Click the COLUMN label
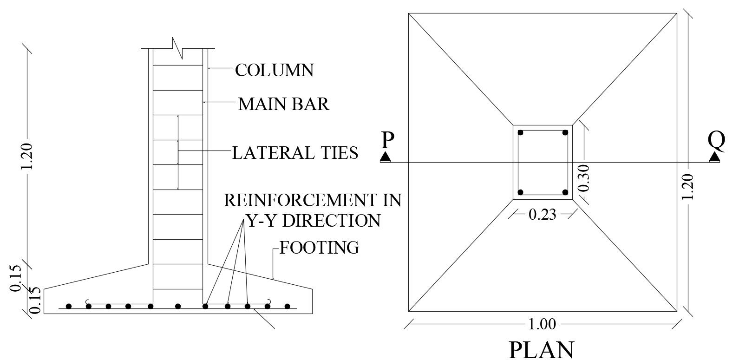[x=274, y=70]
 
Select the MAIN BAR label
[x=284, y=105]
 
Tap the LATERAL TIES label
[x=295, y=152]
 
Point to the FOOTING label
[x=319, y=248]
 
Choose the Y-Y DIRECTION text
[x=313, y=220]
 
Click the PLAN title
[x=542, y=349]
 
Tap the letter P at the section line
[x=386, y=140]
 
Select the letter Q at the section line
[x=716, y=140]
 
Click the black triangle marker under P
[x=385, y=157]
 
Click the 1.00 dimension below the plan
[x=542, y=324]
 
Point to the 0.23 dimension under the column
[x=542, y=215]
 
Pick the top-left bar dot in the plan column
[x=521, y=133]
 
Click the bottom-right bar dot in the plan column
[x=565, y=192]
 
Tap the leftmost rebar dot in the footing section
[x=69, y=306]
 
